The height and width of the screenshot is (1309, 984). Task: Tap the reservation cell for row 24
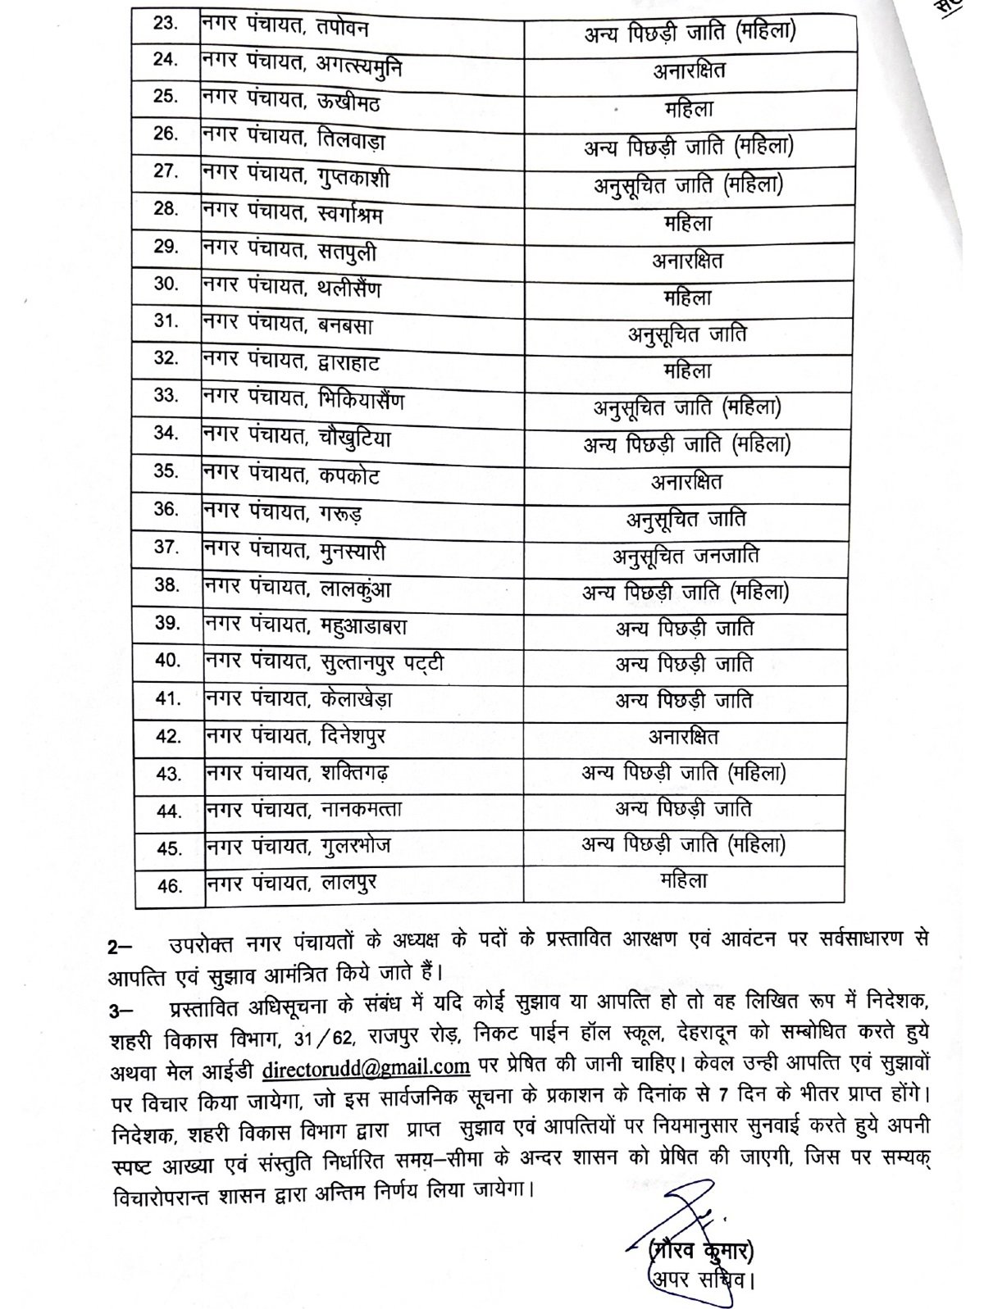click(x=689, y=70)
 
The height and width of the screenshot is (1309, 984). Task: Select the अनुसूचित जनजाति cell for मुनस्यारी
click(x=686, y=556)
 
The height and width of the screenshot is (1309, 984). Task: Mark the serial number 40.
click(x=167, y=660)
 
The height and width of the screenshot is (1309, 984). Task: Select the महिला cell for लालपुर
click(x=684, y=880)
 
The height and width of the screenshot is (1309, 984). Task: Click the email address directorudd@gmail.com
click(x=366, y=1066)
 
